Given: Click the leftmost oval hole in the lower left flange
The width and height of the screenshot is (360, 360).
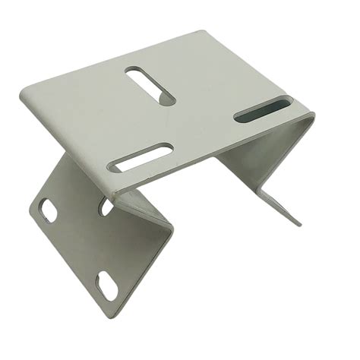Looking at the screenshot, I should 48,209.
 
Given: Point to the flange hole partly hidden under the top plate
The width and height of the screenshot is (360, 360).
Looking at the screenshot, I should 107,206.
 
